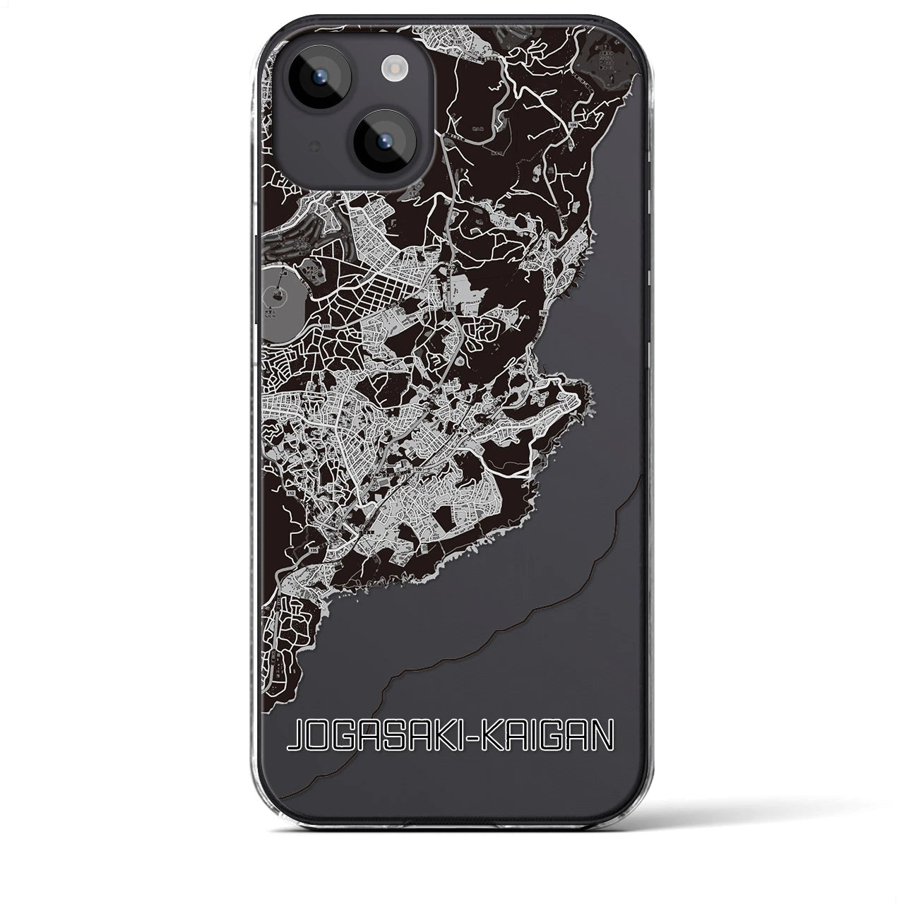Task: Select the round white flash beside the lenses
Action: point(391,68)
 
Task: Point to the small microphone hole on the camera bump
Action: point(295,147)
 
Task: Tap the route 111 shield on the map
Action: point(326,327)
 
